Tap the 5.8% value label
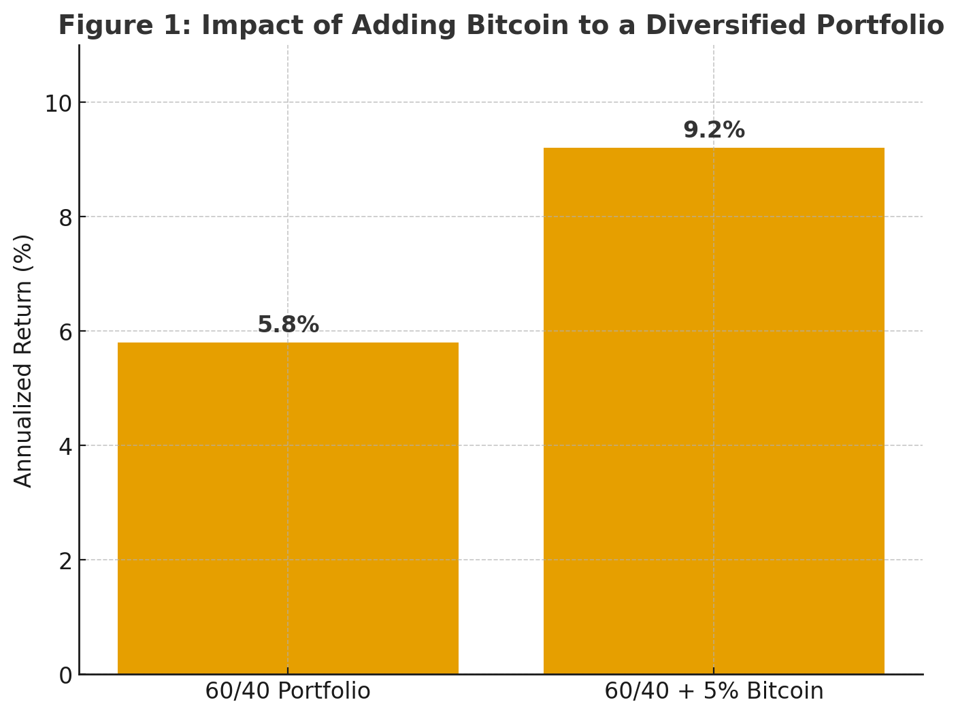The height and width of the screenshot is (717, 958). click(288, 325)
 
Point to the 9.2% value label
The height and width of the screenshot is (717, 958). click(714, 130)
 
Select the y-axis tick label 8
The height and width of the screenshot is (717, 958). click(65, 218)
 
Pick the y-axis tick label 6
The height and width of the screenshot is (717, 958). click(65, 332)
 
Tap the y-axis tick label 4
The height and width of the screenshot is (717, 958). click(65, 447)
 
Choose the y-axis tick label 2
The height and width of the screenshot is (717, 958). click(65, 561)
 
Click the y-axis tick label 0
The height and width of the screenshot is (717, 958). click(65, 675)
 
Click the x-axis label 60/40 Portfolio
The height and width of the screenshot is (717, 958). click(288, 691)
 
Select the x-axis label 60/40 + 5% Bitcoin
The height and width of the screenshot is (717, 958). click(714, 691)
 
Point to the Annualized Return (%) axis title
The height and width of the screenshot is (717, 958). click(24, 360)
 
